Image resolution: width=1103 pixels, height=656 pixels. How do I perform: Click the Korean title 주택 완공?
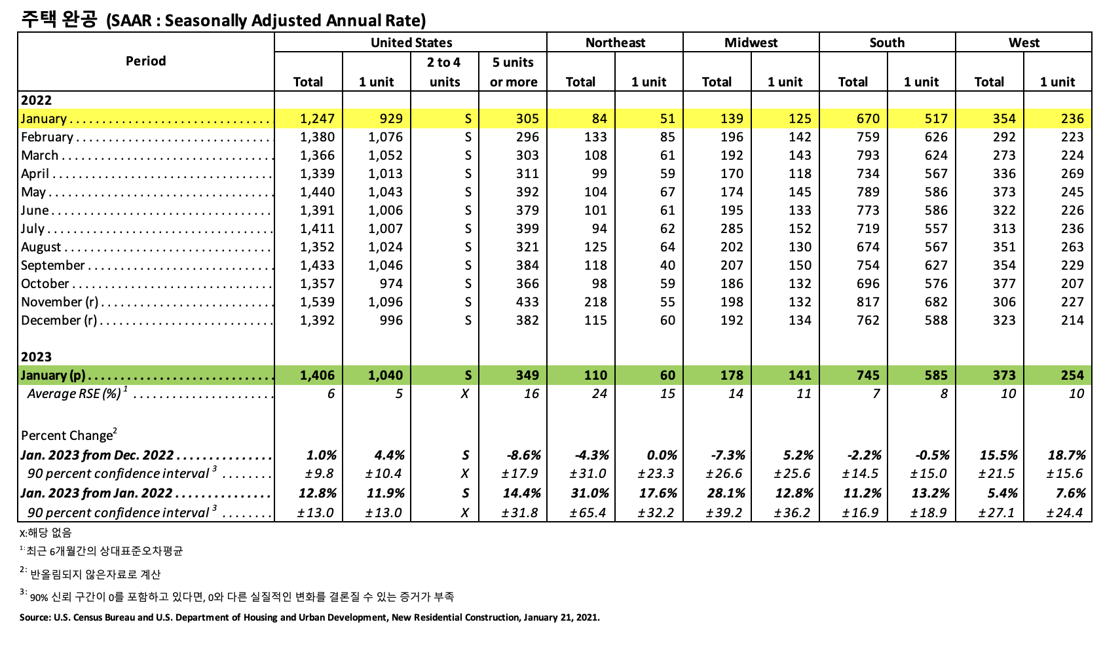pos(59,19)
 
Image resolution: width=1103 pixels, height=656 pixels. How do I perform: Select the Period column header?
pos(145,61)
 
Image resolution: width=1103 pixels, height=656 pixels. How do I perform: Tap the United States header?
pos(411,43)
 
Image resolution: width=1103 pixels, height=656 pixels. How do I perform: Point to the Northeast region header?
pos(615,43)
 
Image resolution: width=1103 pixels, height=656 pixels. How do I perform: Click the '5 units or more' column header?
pos(514,72)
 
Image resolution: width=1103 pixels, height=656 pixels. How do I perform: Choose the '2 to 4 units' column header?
pos(444,72)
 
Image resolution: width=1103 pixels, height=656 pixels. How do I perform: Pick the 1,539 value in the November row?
pos(317,302)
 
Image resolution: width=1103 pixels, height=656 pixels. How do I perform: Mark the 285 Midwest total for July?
pos(731,228)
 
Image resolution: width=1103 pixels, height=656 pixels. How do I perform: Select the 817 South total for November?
pos(867,302)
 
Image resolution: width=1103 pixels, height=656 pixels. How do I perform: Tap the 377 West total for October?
pos(1003,283)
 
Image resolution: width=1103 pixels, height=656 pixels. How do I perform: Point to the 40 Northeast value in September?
pos(667,265)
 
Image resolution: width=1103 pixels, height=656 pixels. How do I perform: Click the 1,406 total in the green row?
pos(317,375)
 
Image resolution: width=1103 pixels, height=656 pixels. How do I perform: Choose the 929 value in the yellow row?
pos(391,118)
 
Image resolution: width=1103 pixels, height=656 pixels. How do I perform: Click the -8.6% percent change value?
pos(523,455)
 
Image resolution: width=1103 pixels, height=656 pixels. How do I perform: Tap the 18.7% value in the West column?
pos(1067,455)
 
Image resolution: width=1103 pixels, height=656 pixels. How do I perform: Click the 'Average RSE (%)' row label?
pos(74,393)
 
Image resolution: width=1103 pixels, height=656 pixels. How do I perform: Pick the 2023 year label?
pos(36,357)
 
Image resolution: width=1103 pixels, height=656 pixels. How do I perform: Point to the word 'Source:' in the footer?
pos(34,617)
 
